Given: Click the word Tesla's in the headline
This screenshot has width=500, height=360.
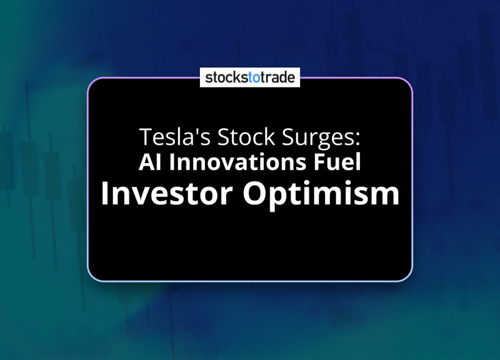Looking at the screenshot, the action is pos(175,136).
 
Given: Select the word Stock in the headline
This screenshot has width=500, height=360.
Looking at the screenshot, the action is pos(246,136).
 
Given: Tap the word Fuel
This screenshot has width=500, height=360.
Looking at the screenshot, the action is pos(337,162).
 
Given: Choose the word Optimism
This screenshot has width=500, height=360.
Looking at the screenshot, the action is pos(321,195).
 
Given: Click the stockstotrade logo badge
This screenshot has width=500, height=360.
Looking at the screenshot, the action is pos(250,77).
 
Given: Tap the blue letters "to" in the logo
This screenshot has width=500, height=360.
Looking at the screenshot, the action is pos(254,77).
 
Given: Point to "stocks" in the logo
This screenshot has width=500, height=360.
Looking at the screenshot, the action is pos(227,77).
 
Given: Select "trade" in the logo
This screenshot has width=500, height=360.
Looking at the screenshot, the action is pos(277,77).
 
